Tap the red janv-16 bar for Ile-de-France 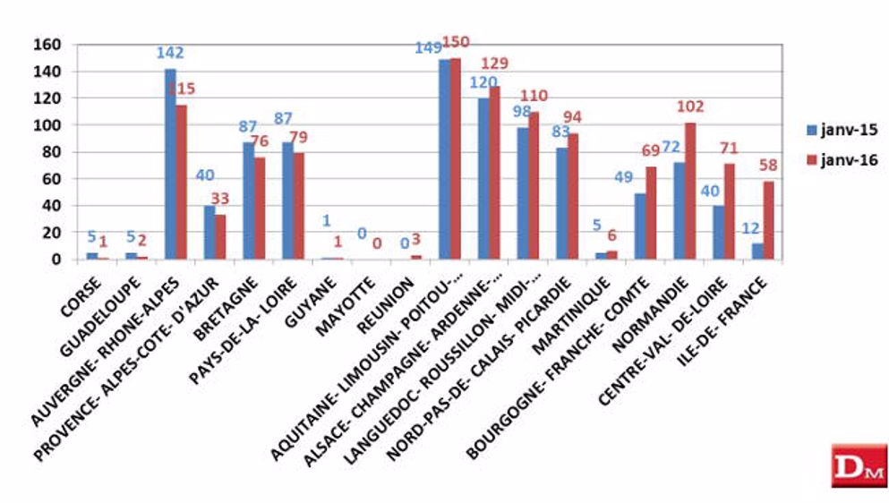point(767,220)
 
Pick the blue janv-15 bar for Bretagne point(248,200)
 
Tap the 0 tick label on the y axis point(55,260)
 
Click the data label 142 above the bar point(170,53)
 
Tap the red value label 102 point(689,107)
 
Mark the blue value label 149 point(429,47)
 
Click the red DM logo point(859,465)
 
